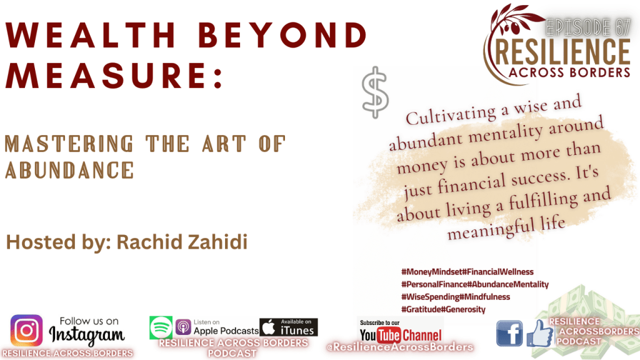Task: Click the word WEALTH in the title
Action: click(91, 35)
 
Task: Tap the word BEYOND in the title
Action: click(283, 35)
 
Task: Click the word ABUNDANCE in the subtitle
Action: click(69, 170)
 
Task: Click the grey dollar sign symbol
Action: click(375, 92)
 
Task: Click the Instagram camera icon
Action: click(26, 330)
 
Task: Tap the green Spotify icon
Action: click(161, 327)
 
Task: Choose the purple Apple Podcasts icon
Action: click(183, 327)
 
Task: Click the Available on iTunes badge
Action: click(289, 327)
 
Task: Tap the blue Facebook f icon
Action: click(509, 333)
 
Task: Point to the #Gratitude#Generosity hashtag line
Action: click(443, 309)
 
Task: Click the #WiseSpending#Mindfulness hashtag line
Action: click(456, 297)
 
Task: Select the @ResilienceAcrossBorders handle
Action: click(400, 347)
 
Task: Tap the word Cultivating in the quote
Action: click(451, 115)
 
